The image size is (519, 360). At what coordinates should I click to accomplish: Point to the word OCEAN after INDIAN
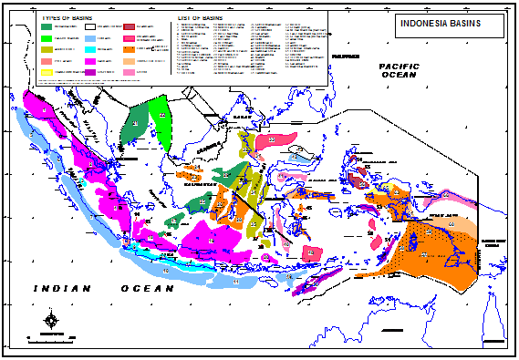click(146, 289)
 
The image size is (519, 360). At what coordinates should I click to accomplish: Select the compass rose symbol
click(52, 320)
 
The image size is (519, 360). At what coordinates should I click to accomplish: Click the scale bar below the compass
click(52, 336)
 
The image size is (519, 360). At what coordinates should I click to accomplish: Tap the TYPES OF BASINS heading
click(68, 18)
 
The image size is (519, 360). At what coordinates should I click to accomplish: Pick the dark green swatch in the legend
click(47, 27)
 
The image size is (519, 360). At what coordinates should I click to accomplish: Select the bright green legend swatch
click(47, 38)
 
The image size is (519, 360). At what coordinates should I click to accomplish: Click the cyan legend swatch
click(91, 49)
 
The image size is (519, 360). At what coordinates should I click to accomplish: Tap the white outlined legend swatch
click(91, 27)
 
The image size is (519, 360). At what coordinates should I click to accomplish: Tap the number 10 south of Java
click(165, 271)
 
